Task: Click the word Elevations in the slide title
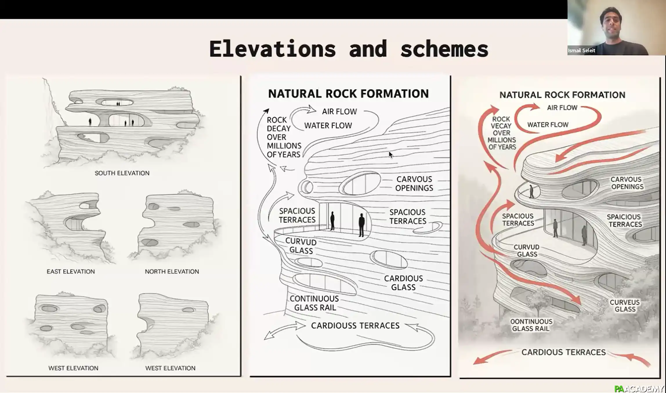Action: click(x=272, y=49)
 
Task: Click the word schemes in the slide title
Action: click(x=444, y=49)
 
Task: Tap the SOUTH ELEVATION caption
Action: click(x=122, y=173)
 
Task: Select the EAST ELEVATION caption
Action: click(x=71, y=271)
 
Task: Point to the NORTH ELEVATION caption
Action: click(x=172, y=271)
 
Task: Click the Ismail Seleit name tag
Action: click(x=581, y=50)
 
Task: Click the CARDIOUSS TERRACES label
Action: click(x=355, y=326)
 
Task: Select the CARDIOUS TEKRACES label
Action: click(x=563, y=352)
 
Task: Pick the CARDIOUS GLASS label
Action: click(x=403, y=283)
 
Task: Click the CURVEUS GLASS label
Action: click(x=625, y=306)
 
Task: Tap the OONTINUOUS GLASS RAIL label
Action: click(x=531, y=325)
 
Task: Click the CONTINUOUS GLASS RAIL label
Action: click(x=314, y=303)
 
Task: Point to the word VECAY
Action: click(x=501, y=126)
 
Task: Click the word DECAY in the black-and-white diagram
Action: click(x=278, y=128)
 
